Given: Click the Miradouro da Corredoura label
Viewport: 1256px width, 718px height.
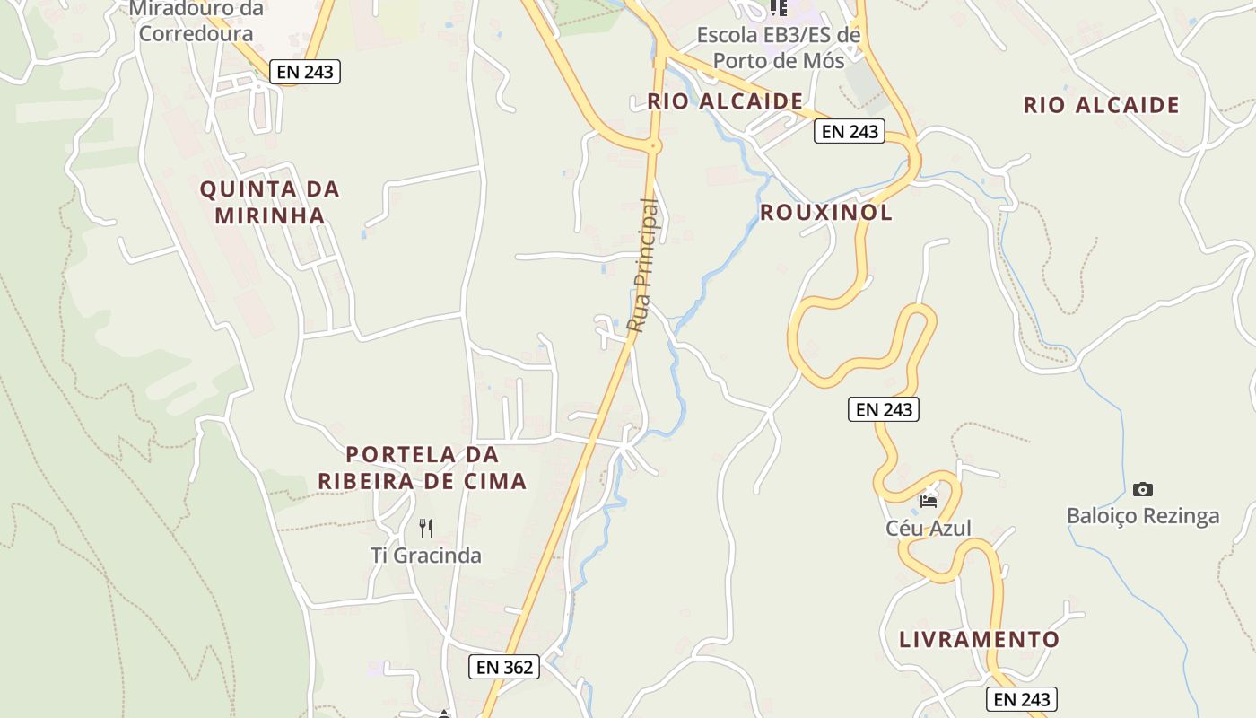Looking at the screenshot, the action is pos(196,22).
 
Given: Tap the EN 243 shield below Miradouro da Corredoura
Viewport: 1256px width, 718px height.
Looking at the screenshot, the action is pos(305,72).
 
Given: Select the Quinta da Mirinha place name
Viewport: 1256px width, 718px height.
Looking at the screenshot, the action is pos(269,202).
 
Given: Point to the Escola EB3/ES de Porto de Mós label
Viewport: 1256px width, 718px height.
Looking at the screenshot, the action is pos(779,48).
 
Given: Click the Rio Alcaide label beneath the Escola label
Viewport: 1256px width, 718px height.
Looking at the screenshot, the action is pos(725,101).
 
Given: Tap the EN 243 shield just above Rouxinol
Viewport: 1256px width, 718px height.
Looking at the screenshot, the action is pos(850,131).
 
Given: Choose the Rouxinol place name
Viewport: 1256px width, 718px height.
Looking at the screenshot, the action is pos(826,213).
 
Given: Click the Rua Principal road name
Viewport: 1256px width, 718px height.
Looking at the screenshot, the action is pos(643,266).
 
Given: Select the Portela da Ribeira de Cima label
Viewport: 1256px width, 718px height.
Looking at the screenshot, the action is pos(422,468).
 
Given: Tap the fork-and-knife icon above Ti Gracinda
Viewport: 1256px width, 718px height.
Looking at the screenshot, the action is pos(426,529).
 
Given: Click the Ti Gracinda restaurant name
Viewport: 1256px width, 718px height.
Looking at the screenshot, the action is pos(426,556).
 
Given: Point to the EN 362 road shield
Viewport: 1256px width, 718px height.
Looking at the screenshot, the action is pos(504,667).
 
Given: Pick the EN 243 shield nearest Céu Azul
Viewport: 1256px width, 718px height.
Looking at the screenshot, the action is pos(884,409).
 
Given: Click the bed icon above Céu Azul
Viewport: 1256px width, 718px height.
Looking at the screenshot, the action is pos(929,501).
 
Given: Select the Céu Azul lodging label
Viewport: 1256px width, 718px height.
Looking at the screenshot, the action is pos(929,528).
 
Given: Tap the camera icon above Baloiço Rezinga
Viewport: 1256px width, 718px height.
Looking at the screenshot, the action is pos(1142,489).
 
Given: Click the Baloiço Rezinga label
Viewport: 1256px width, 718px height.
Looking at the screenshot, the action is pos(1142,516).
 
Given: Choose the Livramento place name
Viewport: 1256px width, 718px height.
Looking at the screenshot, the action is pos(979,640).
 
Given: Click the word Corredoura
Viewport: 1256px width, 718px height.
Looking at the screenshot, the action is pos(196,34).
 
